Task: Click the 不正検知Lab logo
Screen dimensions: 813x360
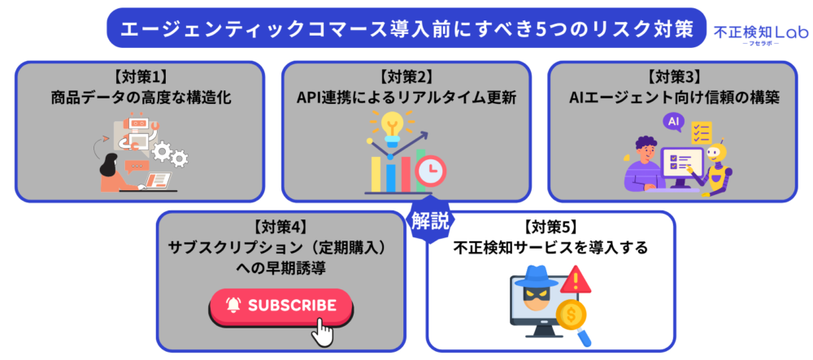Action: (x=761, y=35)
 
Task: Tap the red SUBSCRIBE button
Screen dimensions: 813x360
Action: (x=281, y=306)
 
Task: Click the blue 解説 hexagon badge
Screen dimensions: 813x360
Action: (x=430, y=220)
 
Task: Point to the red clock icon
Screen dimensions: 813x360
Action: (x=430, y=171)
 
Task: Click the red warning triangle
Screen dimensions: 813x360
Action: (x=576, y=280)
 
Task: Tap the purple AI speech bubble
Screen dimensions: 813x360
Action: (x=673, y=123)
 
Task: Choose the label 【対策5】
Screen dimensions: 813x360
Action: (x=550, y=227)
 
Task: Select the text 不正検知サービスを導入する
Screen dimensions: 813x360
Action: (x=550, y=248)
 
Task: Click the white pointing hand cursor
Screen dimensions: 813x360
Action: (x=322, y=332)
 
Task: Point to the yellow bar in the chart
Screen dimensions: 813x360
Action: (x=376, y=174)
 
